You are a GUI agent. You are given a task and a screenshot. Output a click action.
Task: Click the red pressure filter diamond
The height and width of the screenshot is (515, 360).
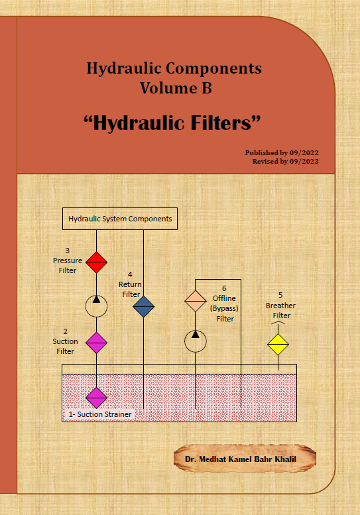[96, 262]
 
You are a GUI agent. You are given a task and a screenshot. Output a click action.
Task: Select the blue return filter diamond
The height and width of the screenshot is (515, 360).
[144, 306]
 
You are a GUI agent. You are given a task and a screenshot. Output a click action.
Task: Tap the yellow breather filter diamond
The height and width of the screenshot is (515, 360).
[278, 344]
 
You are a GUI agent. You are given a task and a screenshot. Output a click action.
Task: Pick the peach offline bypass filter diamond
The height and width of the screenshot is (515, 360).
[196, 301]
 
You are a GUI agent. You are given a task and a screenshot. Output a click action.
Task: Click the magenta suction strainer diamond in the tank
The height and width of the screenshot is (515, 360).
[96, 398]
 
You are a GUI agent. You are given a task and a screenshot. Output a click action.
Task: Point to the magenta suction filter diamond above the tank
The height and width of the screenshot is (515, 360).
[96, 343]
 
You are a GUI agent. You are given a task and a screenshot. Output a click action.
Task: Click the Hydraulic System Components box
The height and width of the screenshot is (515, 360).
[120, 219]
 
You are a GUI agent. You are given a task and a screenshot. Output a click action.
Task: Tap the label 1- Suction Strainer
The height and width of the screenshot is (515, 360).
[100, 414]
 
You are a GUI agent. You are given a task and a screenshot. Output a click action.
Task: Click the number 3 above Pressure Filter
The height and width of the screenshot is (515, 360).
[68, 251]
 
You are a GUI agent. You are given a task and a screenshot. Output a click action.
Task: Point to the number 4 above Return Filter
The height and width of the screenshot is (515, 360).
[130, 274]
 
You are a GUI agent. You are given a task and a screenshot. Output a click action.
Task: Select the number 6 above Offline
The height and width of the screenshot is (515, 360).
[224, 288]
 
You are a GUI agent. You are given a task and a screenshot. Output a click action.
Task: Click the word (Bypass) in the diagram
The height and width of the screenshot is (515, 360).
[224, 308]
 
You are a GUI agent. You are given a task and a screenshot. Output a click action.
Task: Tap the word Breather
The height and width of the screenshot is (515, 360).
[281, 306]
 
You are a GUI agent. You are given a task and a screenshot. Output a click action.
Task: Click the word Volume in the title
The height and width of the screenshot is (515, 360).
[164, 88]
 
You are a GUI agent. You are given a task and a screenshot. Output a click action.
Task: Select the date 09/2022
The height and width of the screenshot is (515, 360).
[304, 152]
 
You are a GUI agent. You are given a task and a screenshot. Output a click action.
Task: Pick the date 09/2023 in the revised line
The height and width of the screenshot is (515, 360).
[304, 161]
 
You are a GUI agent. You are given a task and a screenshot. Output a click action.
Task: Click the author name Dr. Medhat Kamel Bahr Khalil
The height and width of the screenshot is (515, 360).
[241, 459]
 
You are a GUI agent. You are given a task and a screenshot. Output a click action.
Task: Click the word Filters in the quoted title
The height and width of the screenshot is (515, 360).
[221, 123]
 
